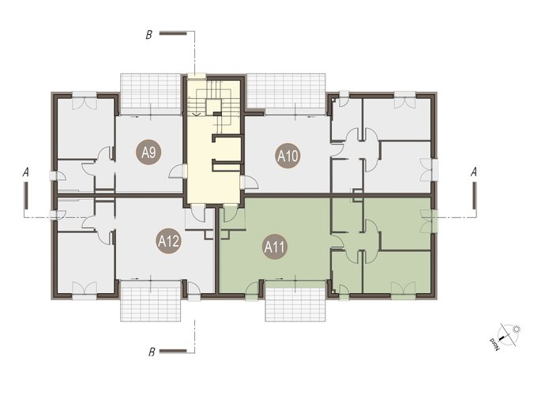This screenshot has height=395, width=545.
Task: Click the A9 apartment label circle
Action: click(148, 152)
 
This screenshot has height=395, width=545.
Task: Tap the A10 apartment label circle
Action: click(288, 156)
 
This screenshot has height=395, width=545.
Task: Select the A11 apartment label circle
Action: click(275, 247)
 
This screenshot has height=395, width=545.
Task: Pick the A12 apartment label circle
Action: click(168, 241)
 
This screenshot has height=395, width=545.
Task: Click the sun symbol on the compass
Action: click(517, 329)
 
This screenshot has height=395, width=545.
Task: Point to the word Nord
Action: click(494, 343)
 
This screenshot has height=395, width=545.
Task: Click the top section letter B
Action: click(148, 35)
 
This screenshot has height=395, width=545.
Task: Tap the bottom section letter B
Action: click(152, 352)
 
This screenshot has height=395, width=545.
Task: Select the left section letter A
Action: click(26, 172)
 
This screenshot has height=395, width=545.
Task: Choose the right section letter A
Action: click(473, 172)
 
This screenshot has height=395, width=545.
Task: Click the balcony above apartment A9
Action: click(151, 91)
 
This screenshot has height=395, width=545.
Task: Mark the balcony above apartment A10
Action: click(286, 91)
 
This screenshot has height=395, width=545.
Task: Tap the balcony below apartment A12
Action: click(151, 300)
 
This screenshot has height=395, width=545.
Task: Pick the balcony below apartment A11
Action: click(295, 302)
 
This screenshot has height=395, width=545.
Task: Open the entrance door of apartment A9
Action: click(178, 171)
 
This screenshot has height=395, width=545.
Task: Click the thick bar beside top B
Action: click(173, 33)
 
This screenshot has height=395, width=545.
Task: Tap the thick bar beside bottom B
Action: click(173, 351)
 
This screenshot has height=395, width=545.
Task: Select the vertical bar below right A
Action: click(474, 196)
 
